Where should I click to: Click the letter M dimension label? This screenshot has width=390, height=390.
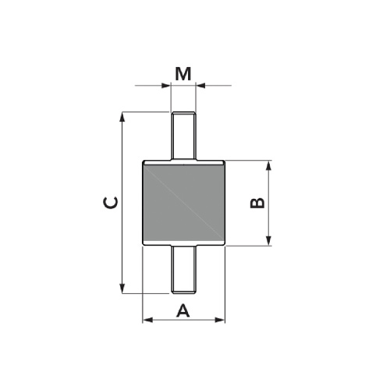183,73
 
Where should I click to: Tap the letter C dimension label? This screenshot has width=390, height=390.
112,203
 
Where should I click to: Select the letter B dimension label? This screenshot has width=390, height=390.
257,203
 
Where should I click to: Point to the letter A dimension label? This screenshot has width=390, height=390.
183,310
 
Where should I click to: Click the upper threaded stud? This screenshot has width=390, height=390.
183,137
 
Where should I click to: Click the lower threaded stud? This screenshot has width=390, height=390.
183,269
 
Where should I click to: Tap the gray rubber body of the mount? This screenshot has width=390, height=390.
183,203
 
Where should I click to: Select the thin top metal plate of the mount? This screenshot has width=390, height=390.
183,161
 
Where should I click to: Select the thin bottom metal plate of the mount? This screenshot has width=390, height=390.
183,246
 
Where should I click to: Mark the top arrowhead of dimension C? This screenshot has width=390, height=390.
122,117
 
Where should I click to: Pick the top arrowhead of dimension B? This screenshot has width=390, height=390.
268,165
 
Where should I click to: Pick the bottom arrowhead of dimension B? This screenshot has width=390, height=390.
268,242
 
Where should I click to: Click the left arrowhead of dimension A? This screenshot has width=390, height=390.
146,319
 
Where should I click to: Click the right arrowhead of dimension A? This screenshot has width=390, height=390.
221,319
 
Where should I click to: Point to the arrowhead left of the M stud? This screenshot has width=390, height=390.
166,85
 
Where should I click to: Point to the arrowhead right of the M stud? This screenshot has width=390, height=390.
200,85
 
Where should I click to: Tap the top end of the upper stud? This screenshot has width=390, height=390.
183,114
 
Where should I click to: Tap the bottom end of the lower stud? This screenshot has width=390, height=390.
183,292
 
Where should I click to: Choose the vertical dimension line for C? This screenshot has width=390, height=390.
122,234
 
